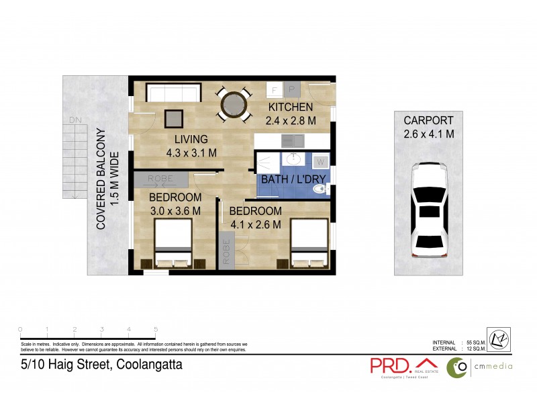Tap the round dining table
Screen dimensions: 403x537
234,105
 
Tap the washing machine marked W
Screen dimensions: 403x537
320,162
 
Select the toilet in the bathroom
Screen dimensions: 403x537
322,190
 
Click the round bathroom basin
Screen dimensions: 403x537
293,160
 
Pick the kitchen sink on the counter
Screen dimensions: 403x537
292,141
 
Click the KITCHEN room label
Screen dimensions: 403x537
290,107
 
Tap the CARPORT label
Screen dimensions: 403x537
428,120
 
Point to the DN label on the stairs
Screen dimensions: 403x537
73,121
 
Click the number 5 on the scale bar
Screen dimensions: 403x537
156,329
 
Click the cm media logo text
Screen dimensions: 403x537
493,366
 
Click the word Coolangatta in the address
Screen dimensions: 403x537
149,365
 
